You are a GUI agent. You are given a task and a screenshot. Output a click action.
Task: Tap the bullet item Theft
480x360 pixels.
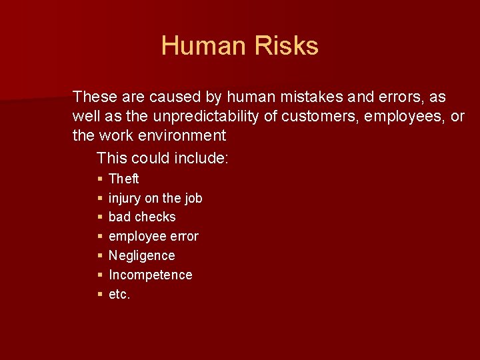pos(123,179)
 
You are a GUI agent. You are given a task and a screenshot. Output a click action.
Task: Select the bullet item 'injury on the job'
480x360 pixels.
pos(155,198)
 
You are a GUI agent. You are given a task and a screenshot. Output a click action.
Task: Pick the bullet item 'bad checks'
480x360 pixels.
pos(142,217)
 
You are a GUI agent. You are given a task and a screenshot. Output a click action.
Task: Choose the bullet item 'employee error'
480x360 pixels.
pos(153,236)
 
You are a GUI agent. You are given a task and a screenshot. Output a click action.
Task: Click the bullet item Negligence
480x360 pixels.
pos(141,255)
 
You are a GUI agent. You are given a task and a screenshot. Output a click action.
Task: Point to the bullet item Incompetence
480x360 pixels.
pos(150,275)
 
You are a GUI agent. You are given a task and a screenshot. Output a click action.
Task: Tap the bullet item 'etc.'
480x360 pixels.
pos(119,294)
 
